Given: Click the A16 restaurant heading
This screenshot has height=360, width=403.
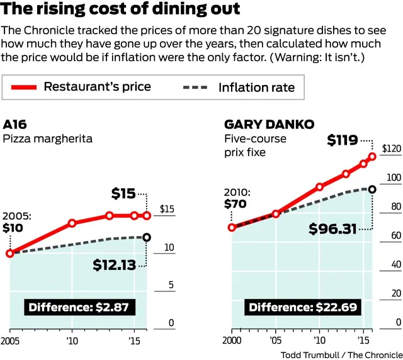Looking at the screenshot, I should tap(15, 123).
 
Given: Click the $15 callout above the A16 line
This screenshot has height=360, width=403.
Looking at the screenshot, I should tap(123, 194).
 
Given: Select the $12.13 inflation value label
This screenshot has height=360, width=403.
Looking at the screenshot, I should tap(114, 265).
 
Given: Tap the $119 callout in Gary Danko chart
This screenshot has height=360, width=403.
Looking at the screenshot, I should tap(343, 140).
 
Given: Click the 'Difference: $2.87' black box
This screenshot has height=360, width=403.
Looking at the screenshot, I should tap(81, 307).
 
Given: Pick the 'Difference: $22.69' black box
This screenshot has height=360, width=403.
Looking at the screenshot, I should tap(303, 307).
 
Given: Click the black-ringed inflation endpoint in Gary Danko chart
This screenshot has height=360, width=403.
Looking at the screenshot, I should tap(372, 189).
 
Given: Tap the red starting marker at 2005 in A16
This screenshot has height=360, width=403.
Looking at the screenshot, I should tap(10, 253).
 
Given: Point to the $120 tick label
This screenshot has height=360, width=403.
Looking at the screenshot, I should tap(392, 149).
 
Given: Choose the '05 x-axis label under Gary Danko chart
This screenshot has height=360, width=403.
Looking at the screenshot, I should tap(276, 340).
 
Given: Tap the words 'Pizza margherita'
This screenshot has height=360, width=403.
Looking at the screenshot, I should tap(47, 138).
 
